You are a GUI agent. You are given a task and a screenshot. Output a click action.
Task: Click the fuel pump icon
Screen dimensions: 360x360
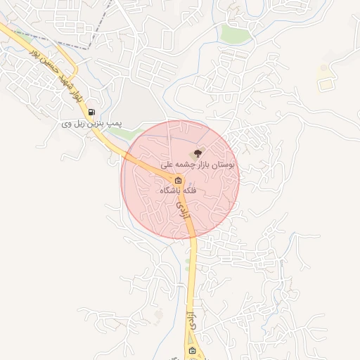pos(91,112)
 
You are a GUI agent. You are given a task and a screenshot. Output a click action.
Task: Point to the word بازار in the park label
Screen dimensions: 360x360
pos(205,164)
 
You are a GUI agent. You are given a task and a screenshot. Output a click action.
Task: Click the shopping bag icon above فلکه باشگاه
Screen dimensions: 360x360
pos(177,180)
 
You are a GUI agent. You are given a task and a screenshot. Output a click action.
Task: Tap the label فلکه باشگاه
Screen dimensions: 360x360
pos(179,191)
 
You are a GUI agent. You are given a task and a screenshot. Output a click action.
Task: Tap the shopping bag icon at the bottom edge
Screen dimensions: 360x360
pos(193,351)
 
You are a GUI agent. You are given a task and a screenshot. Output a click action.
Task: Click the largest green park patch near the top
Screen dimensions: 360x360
pos(233,33)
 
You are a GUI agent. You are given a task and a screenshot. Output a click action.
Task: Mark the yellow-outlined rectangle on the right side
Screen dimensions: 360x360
pos(326,84)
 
